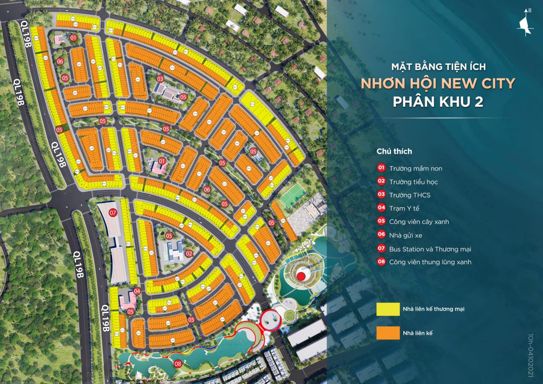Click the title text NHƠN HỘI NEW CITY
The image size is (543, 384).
click(x=438, y=84)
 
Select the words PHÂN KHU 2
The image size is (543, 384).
click(x=438, y=102)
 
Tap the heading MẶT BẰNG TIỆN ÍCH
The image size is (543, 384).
click(x=438, y=66)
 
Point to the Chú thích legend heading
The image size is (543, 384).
click(x=394, y=151)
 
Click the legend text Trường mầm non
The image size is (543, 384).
click(x=415, y=169)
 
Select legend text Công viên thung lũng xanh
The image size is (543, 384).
click(x=430, y=262)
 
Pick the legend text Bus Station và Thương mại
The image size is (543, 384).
click(x=430, y=249)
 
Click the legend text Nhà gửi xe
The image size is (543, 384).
click(x=405, y=235)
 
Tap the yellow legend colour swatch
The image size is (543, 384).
click(x=388, y=309)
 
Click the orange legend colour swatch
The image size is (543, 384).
click(x=388, y=333)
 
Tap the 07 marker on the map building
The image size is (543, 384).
click(x=113, y=213)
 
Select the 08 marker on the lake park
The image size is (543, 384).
click(x=178, y=363)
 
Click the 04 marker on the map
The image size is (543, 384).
click(x=137, y=291)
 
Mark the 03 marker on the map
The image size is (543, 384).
click(x=160, y=79)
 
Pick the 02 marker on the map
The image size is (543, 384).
click(x=189, y=253)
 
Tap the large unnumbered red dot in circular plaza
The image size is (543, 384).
click(x=301, y=277)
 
